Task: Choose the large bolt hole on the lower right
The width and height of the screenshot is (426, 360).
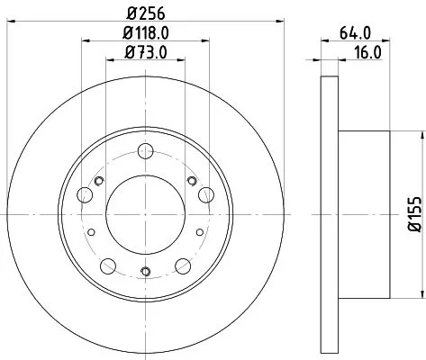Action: [181, 265]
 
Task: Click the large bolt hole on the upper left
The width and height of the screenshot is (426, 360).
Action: [87, 193]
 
